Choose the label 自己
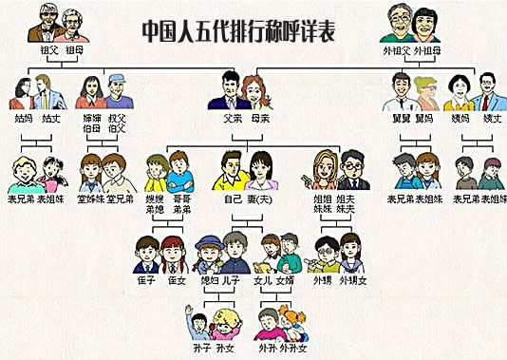(230, 200)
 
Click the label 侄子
(146, 281)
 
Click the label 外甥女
(351, 281)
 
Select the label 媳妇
(209, 281)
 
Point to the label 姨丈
(492, 120)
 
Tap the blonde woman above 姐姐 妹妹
(322, 171)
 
